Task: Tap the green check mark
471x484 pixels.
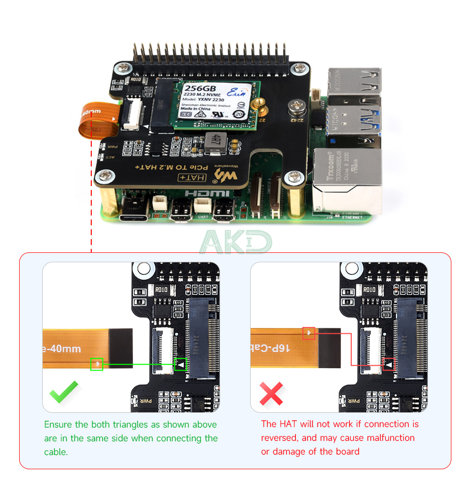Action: coord(64,391)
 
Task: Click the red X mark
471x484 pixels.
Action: coord(271,393)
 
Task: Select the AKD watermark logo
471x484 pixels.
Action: coord(235,242)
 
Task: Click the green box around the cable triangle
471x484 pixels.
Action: coord(97,364)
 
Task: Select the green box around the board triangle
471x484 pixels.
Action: coord(181,364)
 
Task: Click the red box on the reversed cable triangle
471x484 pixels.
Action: coord(309,333)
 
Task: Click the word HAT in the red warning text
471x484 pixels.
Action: coord(289,424)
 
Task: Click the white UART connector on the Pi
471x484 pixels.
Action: coord(202,204)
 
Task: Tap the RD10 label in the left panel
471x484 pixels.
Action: coord(161,290)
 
